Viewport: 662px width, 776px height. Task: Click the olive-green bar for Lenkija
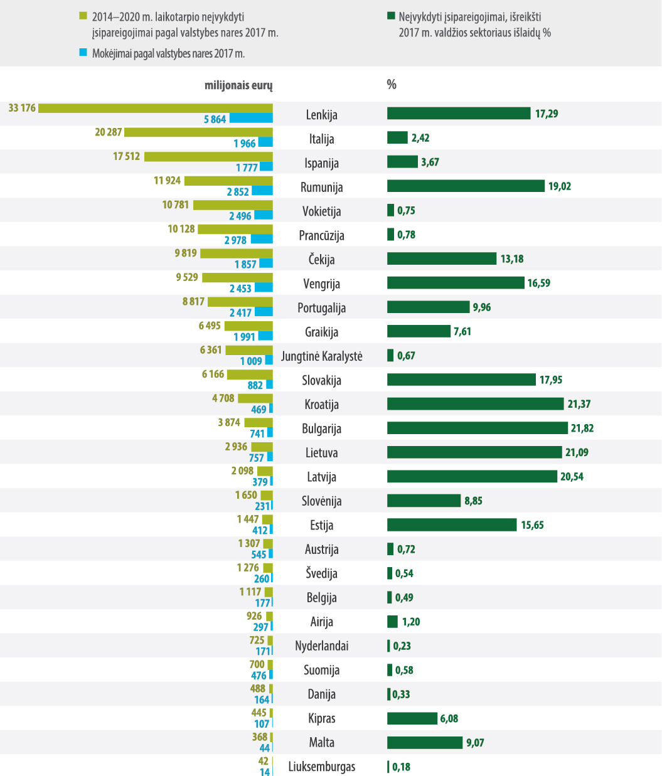click(x=156, y=108)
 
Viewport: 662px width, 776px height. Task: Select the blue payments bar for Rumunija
click(x=262, y=191)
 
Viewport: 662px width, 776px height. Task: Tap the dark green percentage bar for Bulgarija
click(x=477, y=428)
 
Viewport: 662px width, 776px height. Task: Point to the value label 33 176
click(x=22, y=108)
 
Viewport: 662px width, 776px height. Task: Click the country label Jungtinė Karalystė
click(x=321, y=356)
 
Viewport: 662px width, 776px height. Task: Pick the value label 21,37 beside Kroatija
click(x=579, y=404)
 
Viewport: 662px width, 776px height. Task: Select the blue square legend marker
click(x=83, y=53)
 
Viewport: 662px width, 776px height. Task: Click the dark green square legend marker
click(x=390, y=17)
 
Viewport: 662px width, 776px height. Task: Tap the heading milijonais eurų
click(x=238, y=85)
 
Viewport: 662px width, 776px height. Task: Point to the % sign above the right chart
click(x=392, y=85)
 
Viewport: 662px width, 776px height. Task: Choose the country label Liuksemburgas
click(x=321, y=767)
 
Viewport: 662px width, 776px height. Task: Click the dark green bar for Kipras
click(x=412, y=718)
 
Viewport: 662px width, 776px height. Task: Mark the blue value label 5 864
click(x=215, y=119)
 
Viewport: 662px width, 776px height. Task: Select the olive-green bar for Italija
click(x=198, y=132)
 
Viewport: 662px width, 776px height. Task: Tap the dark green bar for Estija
click(x=452, y=524)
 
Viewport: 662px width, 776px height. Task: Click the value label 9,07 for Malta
click(x=475, y=743)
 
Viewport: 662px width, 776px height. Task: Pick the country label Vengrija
click(x=321, y=284)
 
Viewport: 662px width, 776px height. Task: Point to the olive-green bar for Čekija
click(x=237, y=253)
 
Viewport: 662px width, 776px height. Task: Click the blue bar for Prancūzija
click(x=262, y=240)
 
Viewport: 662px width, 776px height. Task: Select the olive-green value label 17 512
click(x=127, y=156)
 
